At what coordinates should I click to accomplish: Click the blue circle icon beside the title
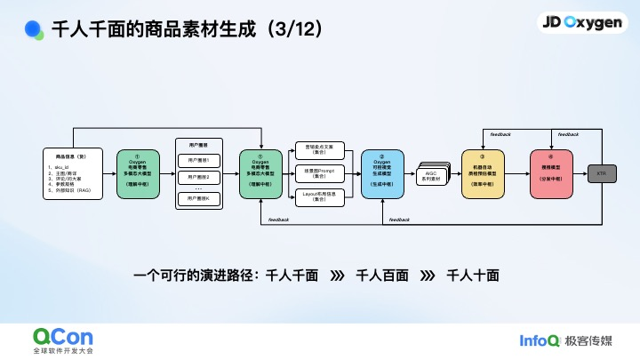click(x=33, y=28)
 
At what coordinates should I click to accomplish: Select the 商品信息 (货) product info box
click(x=73, y=172)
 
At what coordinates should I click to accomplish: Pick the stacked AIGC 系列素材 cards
click(x=434, y=172)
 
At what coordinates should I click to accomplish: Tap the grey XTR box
click(x=601, y=172)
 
